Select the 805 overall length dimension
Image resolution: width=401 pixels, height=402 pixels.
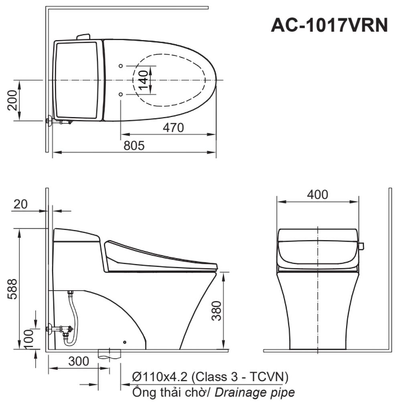click(134, 145)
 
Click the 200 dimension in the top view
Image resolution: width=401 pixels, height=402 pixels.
click(12, 100)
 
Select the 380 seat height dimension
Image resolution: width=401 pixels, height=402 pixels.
click(216, 311)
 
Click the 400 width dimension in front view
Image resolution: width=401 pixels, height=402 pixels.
click(317, 194)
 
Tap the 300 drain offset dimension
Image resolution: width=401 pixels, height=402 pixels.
click(79, 361)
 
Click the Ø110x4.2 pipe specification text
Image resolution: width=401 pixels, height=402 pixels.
click(210, 377)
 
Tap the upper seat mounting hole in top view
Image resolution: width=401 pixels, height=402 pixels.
click(121, 66)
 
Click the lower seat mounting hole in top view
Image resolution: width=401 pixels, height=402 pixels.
click(121, 94)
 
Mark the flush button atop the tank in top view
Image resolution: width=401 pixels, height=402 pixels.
click(83, 36)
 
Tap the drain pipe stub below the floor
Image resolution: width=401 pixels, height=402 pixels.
click(109, 354)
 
